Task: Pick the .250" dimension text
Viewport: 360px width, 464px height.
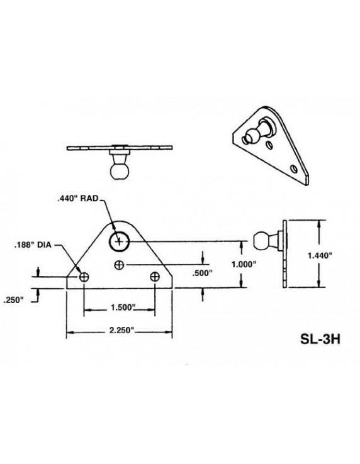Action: pyautogui.click(x=13, y=300)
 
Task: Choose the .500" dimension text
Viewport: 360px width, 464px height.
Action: pyautogui.click(x=200, y=273)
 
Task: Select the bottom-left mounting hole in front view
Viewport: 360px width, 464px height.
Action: pyautogui.click(x=83, y=277)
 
